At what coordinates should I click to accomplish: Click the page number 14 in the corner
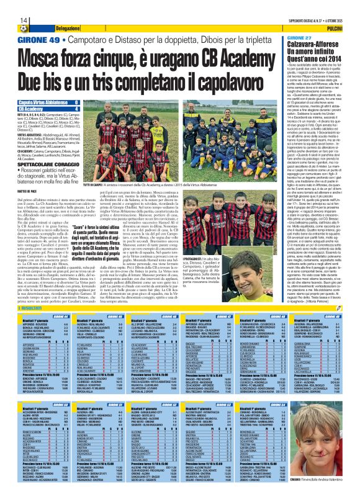6,4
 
